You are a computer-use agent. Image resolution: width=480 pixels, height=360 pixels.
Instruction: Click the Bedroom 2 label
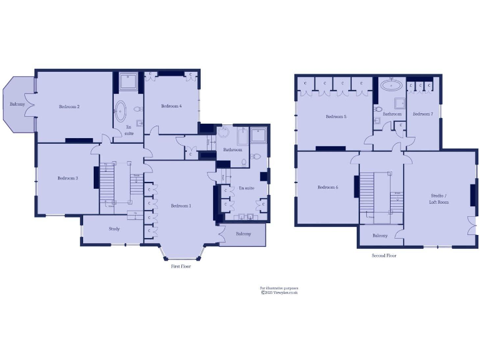(x=69, y=107)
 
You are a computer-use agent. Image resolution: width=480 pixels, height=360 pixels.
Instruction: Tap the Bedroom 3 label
(x=67, y=178)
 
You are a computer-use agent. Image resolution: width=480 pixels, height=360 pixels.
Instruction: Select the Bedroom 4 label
(x=171, y=106)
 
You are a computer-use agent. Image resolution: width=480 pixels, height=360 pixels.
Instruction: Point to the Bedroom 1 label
(x=181, y=206)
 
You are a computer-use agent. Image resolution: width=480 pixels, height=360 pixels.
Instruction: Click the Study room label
(x=114, y=229)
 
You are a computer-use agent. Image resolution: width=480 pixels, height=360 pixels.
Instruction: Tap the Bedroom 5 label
(x=336, y=117)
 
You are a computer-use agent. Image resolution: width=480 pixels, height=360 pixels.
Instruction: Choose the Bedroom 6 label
(x=327, y=187)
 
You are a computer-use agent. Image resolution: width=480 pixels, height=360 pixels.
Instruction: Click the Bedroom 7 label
(x=422, y=114)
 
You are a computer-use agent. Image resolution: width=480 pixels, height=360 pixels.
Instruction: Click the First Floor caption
(x=181, y=266)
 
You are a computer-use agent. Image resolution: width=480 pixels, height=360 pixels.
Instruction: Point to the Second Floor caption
(x=384, y=256)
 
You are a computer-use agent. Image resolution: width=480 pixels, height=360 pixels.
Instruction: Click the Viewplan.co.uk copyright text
(x=279, y=292)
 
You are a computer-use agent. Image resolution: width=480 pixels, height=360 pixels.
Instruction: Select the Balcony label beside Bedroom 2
(x=17, y=104)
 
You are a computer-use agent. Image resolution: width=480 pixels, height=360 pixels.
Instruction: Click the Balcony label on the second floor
(x=380, y=236)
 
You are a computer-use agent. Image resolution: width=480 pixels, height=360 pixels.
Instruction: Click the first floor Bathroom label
(x=232, y=150)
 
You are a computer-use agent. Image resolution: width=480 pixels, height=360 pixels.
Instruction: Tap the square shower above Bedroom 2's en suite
(x=129, y=81)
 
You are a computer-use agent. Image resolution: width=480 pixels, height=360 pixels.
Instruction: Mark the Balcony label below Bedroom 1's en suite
(x=243, y=234)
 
